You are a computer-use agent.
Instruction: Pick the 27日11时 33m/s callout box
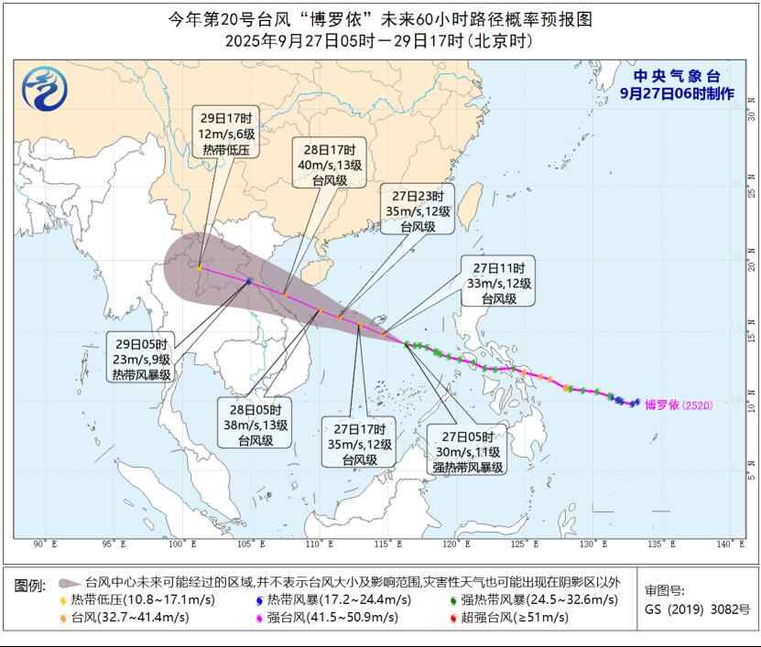pos(498,283)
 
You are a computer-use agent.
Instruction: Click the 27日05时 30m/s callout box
pos(468,451)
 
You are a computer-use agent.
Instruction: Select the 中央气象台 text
pos(678,77)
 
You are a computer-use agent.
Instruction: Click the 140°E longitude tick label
pos(730,545)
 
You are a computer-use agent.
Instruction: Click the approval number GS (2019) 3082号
pos(697,609)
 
